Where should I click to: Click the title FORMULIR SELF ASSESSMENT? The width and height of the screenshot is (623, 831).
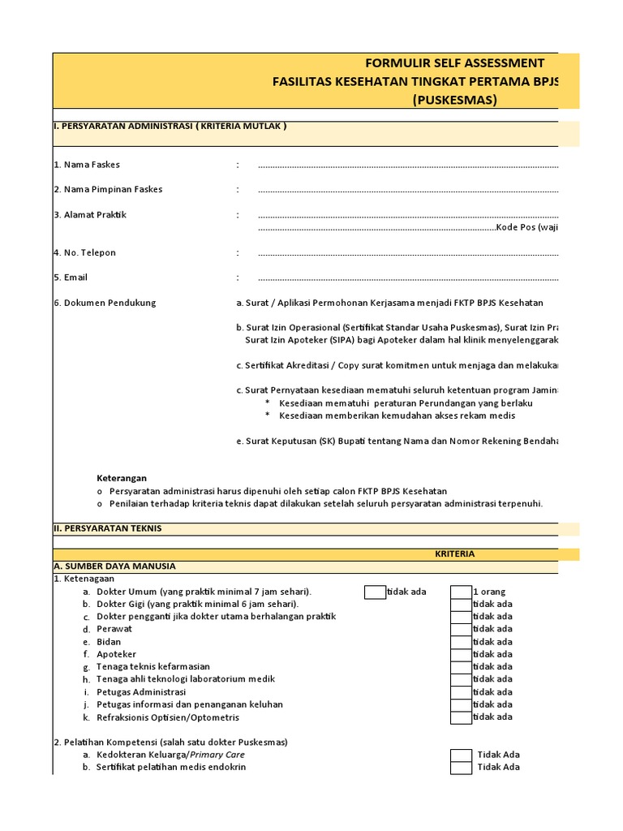coord(454,63)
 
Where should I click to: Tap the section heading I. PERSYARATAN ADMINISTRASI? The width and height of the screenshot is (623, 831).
coord(170,127)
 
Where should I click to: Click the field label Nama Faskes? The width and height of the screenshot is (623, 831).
coord(87,165)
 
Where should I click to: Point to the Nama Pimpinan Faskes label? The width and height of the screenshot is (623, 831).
coord(108,189)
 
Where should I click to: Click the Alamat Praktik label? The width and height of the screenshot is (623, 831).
coord(90,215)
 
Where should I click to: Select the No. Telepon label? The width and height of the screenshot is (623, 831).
coord(84,252)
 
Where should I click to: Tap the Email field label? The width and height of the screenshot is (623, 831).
coord(71,278)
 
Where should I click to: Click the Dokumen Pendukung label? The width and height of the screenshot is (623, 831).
coord(105,303)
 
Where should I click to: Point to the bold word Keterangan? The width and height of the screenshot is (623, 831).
coord(122,478)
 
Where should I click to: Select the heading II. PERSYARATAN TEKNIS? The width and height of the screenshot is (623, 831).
coord(108,528)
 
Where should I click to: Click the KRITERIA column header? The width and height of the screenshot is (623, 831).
coord(454,553)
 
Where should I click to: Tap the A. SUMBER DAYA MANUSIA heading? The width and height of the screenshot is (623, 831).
coord(114,566)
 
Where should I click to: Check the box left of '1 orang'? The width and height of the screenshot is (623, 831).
coord(461,592)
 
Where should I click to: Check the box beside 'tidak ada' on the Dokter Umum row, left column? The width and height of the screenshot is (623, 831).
coord(375,592)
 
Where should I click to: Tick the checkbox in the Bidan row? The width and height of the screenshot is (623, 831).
coord(461,642)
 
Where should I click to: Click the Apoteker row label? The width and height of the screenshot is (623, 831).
coord(116,654)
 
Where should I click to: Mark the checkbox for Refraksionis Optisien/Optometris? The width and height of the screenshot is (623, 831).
coord(461,717)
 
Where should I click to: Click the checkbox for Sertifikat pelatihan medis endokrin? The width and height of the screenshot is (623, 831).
coord(461,768)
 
